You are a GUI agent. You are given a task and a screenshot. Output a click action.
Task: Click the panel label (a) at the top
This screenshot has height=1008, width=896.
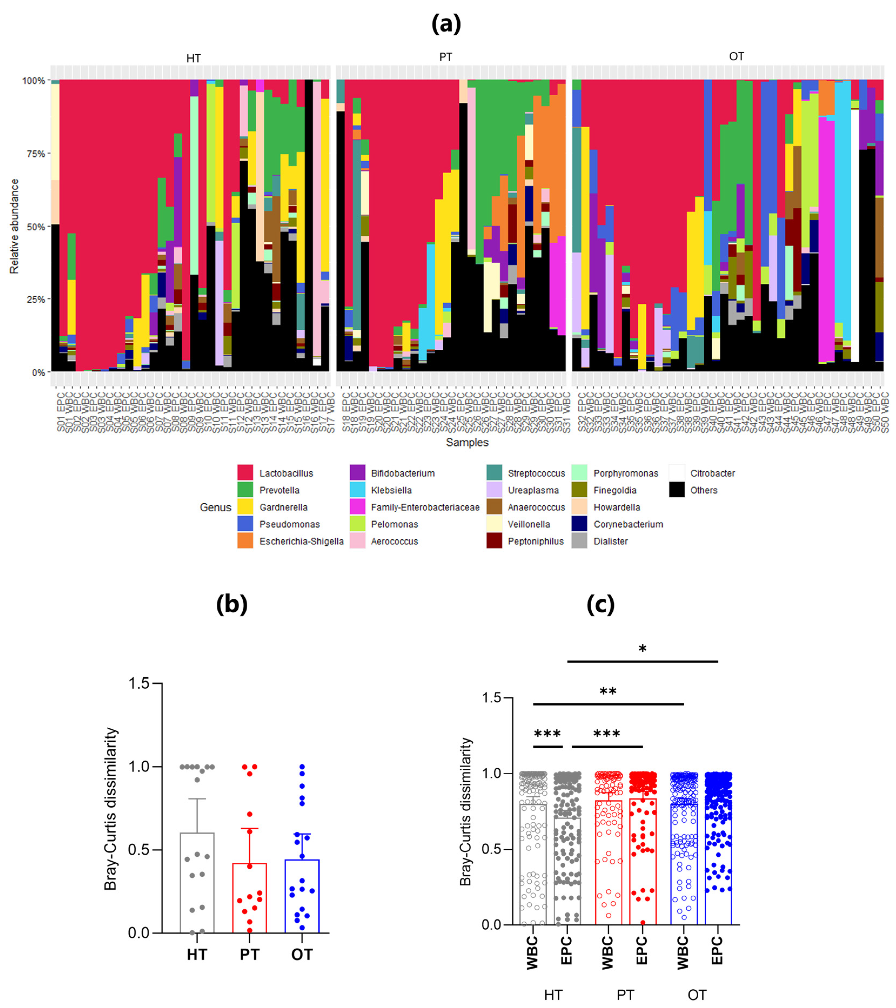[446, 24]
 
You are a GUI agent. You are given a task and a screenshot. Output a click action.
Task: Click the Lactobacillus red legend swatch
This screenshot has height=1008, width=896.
[245, 472]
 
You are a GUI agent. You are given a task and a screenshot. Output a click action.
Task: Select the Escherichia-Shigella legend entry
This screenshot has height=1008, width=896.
[301, 541]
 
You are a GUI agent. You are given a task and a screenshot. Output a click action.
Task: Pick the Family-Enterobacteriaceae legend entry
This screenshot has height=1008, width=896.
[425, 507]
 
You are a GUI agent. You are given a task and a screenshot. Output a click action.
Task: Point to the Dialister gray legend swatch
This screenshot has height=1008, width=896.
[579, 541]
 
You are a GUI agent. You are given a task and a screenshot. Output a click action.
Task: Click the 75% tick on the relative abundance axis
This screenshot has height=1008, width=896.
[35, 153]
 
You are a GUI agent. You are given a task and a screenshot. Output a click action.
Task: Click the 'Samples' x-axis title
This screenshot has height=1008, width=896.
[467, 442]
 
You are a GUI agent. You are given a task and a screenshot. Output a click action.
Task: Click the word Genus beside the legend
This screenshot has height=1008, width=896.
[216, 508]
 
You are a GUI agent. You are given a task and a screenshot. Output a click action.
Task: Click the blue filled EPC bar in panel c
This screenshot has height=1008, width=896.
[717, 868]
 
